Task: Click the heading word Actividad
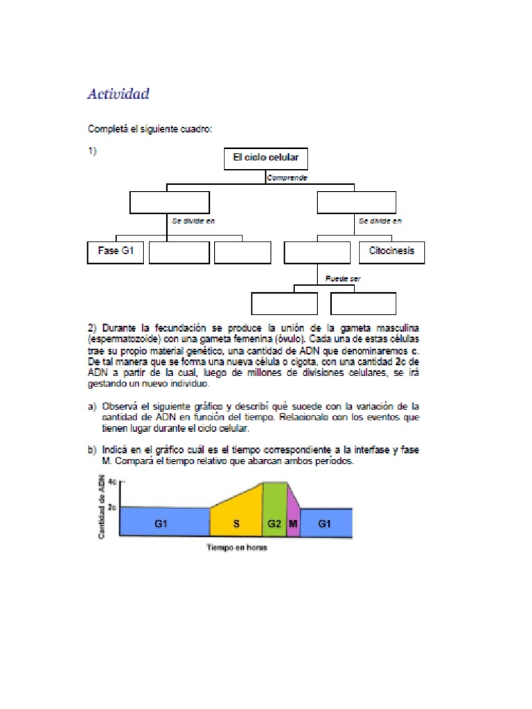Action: click(x=118, y=93)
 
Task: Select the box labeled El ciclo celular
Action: click(x=265, y=159)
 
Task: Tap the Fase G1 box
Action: click(x=116, y=252)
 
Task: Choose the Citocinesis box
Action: click(x=392, y=252)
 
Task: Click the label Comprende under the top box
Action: click(x=287, y=178)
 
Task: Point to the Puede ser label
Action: click(x=343, y=279)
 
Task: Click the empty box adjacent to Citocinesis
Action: click(x=317, y=253)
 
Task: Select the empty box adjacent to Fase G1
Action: click(x=179, y=253)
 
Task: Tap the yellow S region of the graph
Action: click(x=236, y=524)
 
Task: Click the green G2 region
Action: click(x=274, y=524)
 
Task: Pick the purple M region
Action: click(x=293, y=524)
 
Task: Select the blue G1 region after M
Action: click(x=325, y=524)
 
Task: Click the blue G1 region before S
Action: click(x=160, y=524)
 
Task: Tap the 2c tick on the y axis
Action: click(x=112, y=507)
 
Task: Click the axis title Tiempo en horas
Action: click(x=236, y=548)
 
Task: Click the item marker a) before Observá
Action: click(x=91, y=407)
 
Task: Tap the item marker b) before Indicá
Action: click(x=91, y=450)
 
